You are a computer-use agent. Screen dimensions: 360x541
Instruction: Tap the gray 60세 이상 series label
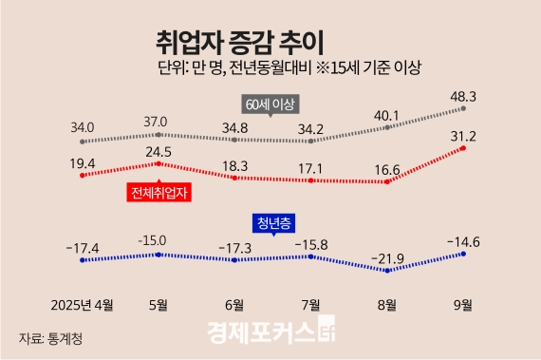(x=270, y=103)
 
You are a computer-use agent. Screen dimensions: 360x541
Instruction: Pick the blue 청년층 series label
(x=272, y=222)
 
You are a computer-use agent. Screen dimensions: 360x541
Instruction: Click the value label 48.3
(x=461, y=96)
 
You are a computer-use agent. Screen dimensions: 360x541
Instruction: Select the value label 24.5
(x=156, y=150)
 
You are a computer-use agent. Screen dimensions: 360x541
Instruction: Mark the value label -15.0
(x=156, y=240)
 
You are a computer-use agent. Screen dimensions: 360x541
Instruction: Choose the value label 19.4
(x=83, y=163)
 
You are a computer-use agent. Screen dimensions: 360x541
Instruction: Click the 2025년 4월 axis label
(x=83, y=306)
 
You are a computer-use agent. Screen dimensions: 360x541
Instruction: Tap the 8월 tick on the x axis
(x=387, y=306)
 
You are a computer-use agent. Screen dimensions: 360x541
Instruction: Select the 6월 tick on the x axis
(x=233, y=306)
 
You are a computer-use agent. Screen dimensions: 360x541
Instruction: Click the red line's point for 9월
(x=462, y=148)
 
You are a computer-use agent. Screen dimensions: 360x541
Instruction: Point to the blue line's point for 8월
(x=387, y=270)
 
